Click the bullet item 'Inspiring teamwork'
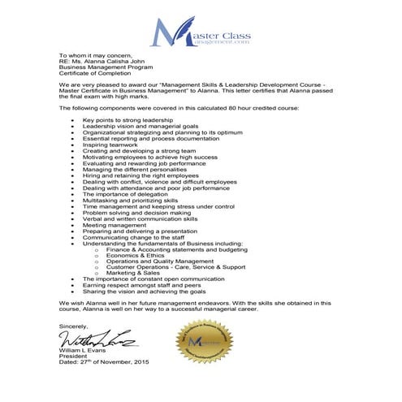pyautogui.click(x=110, y=145)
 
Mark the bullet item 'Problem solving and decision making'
pyautogui.click(x=136, y=213)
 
